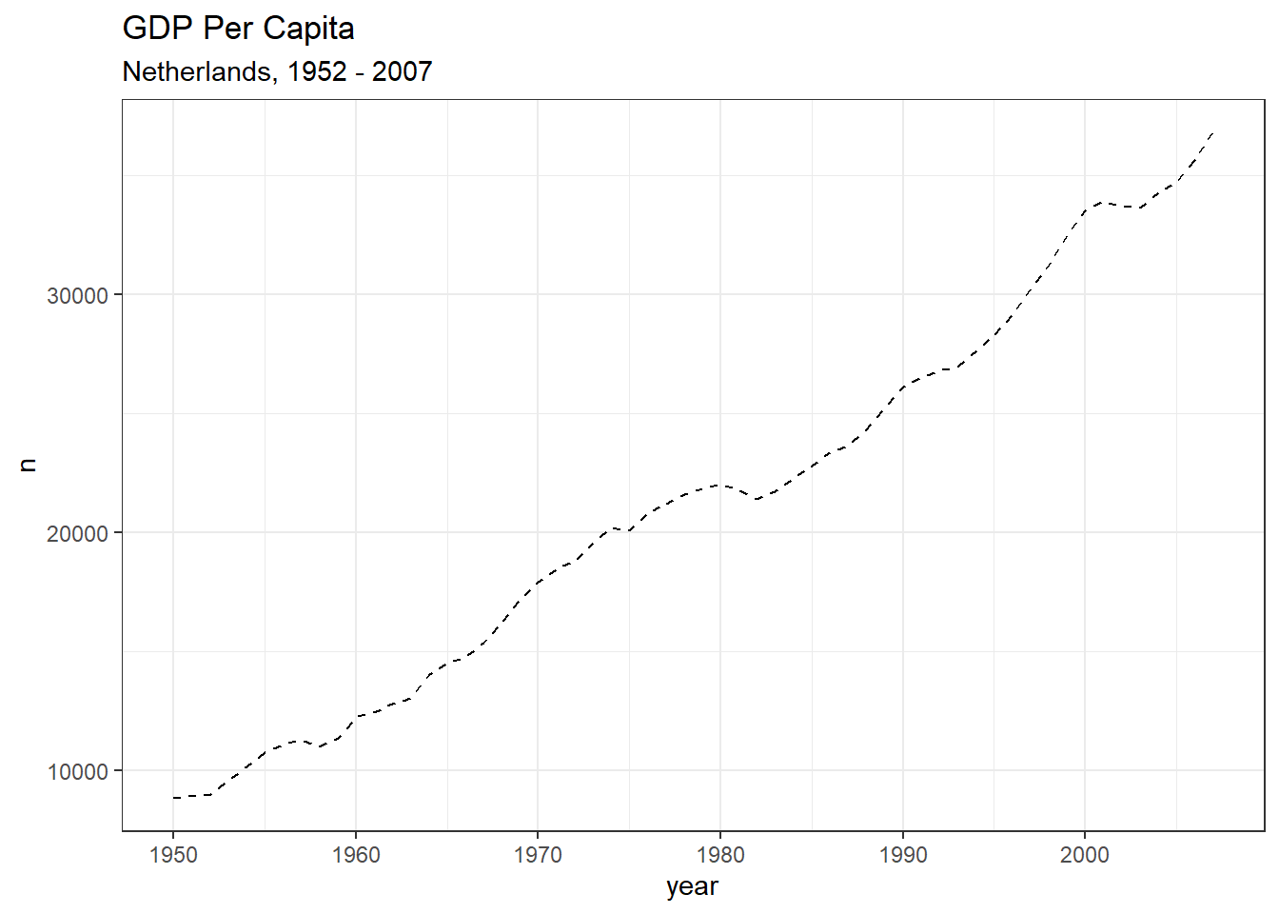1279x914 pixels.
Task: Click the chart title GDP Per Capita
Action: coord(238,29)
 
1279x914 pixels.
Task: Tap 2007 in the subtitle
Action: coord(402,71)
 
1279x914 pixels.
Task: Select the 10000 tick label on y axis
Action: coord(78,771)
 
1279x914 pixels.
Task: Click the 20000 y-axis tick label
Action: coord(78,533)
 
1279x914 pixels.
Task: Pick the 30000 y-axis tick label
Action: coord(78,295)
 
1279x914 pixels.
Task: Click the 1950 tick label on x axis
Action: coord(173,855)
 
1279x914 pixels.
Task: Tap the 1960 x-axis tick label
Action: coord(356,855)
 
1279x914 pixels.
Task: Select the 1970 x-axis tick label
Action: coord(538,855)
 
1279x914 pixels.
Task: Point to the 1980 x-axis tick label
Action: coord(720,855)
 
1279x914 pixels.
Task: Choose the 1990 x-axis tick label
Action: coord(903,855)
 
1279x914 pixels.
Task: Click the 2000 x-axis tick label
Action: coord(1085,855)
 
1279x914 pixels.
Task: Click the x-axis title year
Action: coord(692,886)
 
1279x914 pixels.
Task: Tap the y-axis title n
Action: coord(29,465)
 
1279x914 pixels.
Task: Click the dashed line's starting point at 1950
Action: coord(174,797)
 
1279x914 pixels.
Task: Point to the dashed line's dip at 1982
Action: coord(757,499)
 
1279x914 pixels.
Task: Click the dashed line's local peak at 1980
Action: coord(720,485)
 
